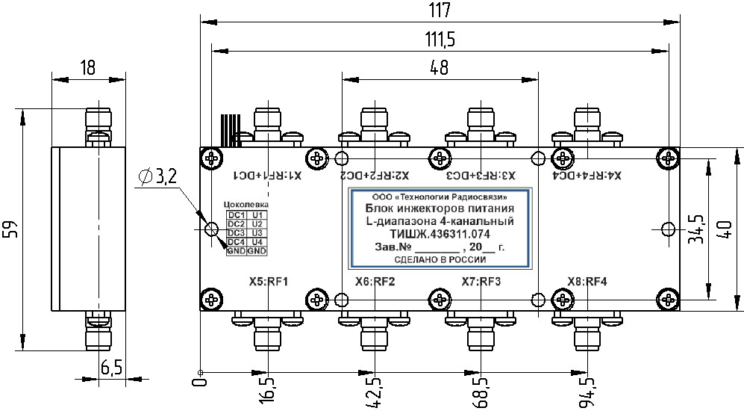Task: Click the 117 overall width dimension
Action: pyautogui.click(x=439, y=10)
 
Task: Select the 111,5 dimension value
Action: pyautogui.click(x=439, y=39)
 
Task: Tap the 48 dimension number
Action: pyautogui.click(x=439, y=67)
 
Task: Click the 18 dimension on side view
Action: pyautogui.click(x=87, y=67)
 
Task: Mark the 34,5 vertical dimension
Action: pyautogui.click(x=695, y=230)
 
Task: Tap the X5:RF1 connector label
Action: pyautogui.click(x=269, y=282)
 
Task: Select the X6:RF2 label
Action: pyautogui.click(x=375, y=282)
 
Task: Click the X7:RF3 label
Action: pyautogui.click(x=481, y=282)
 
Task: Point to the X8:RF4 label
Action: pyautogui.click(x=587, y=282)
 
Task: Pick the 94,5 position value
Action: pyautogui.click(x=587, y=390)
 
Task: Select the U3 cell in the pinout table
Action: pyautogui.click(x=257, y=233)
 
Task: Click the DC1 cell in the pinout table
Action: pyautogui.click(x=236, y=215)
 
